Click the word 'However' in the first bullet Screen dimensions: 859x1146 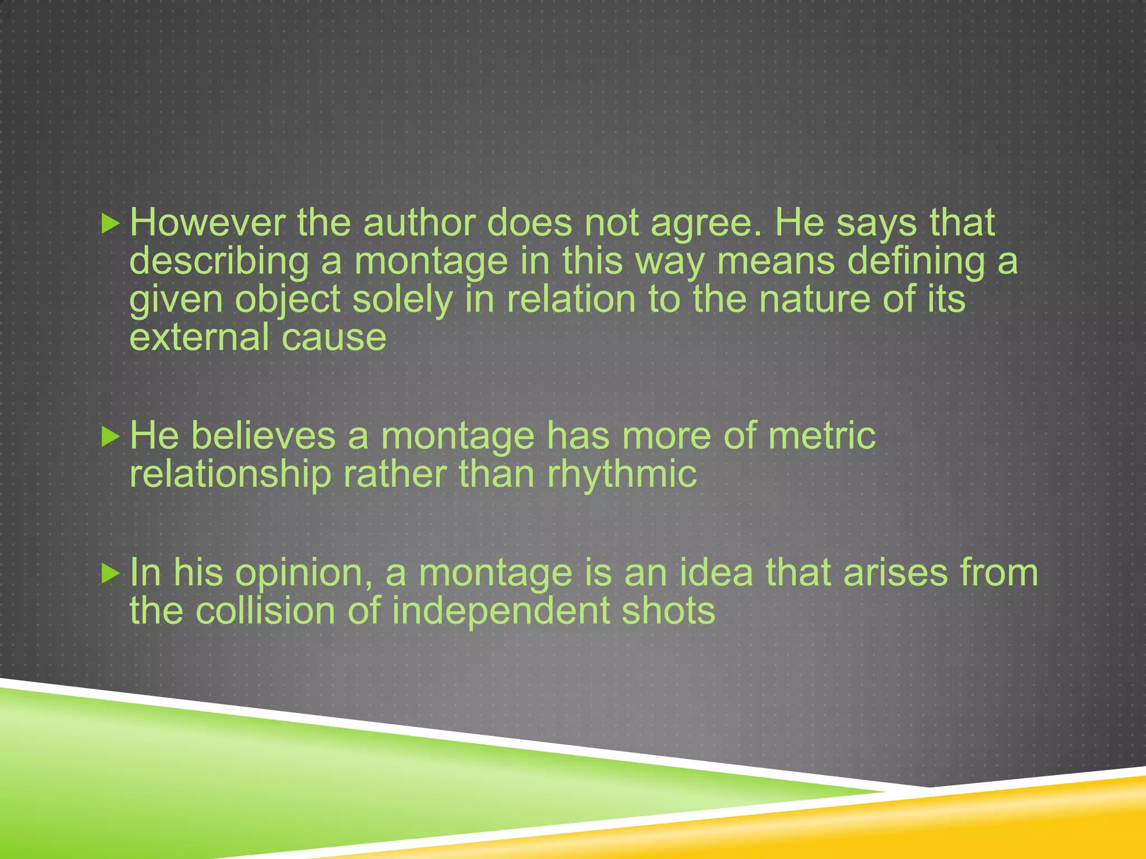click(x=207, y=223)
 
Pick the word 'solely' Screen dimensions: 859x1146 click(x=402, y=299)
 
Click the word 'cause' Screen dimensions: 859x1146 click(x=334, y=337)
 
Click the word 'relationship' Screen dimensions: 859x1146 click(x=231, y=474)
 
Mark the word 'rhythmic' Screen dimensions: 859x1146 click(x=622, y=475)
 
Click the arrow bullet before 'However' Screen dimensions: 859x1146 click(x=111, y=224)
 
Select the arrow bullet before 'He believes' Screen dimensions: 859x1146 click(x=111, y=437)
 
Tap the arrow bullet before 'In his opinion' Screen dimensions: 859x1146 click(x=111, y=574)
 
